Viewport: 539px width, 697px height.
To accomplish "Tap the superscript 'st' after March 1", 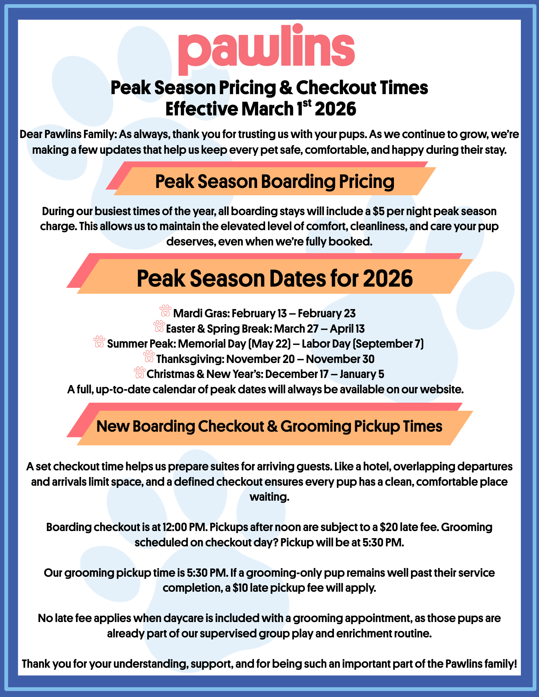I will click(x=307, y=103).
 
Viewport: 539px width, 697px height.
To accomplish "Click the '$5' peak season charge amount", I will click(x=378, y=211).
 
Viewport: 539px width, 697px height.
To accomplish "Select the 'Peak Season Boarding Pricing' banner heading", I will click(x=275, y=181).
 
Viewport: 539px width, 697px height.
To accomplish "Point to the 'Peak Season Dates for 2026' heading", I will click(x=275, y=278).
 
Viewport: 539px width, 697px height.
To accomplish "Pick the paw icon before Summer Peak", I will click(x=99, y=341).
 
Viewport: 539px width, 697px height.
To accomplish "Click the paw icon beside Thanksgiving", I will click(x=149, y=356).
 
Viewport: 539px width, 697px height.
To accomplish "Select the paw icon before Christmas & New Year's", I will click(x=140, y=372).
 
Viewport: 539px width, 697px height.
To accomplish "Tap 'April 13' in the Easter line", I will click(x=347, y=328).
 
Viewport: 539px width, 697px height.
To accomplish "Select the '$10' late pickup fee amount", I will click(x=240, y=588).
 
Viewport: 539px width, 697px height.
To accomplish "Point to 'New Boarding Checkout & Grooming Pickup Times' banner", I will click(x=269, y=426).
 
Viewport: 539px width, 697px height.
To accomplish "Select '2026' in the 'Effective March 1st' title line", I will click(x=335, y=109).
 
